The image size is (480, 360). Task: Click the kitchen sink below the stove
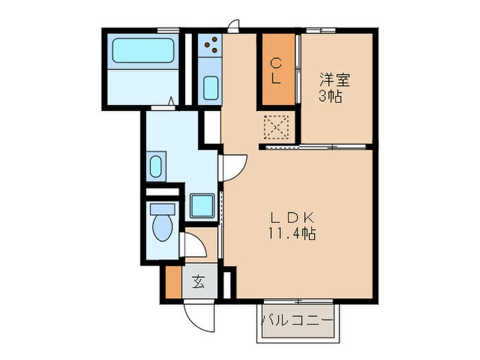point(211,88)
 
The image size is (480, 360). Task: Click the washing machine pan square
point(202,205)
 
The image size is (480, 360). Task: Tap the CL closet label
point(276,71)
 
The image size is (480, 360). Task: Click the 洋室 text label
point(334,80)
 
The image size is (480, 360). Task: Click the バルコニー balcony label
point(298,321)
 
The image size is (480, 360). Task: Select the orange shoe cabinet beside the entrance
point(172,283)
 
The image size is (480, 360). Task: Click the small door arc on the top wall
point(234,25)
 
